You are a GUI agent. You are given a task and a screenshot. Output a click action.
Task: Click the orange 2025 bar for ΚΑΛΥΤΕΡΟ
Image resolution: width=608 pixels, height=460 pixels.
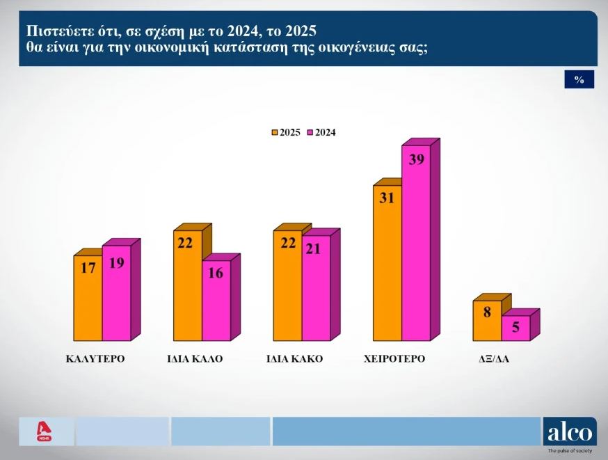pyautogui.click(x=88, y=299)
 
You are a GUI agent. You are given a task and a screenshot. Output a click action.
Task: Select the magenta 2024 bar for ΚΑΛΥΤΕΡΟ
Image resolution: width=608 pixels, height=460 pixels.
pyautogui.click(x=116, y=296)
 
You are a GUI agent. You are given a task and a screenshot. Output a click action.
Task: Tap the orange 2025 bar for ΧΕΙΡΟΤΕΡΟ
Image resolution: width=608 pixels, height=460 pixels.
pyautogui.click(x=387, y=264)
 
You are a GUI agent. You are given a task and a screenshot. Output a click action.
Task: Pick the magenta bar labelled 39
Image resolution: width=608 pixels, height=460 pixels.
pyautogui.click(x=416, y=244)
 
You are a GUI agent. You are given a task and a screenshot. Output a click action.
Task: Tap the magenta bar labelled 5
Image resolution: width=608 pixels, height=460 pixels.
pyautogui.click(x=515, y=328)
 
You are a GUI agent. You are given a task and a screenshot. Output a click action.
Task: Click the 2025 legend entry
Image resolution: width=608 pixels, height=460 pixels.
pyautogui.click(x=286, y=132)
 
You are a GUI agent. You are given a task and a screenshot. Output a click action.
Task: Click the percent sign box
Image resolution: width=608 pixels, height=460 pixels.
pyautogui.click(x=579, y=80)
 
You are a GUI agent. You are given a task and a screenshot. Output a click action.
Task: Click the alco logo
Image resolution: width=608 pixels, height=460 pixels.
pyautogui.click(x=570, y=432)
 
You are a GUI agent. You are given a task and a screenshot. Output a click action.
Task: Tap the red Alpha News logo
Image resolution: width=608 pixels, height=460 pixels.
pyautogui.click(x=45, y=431)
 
